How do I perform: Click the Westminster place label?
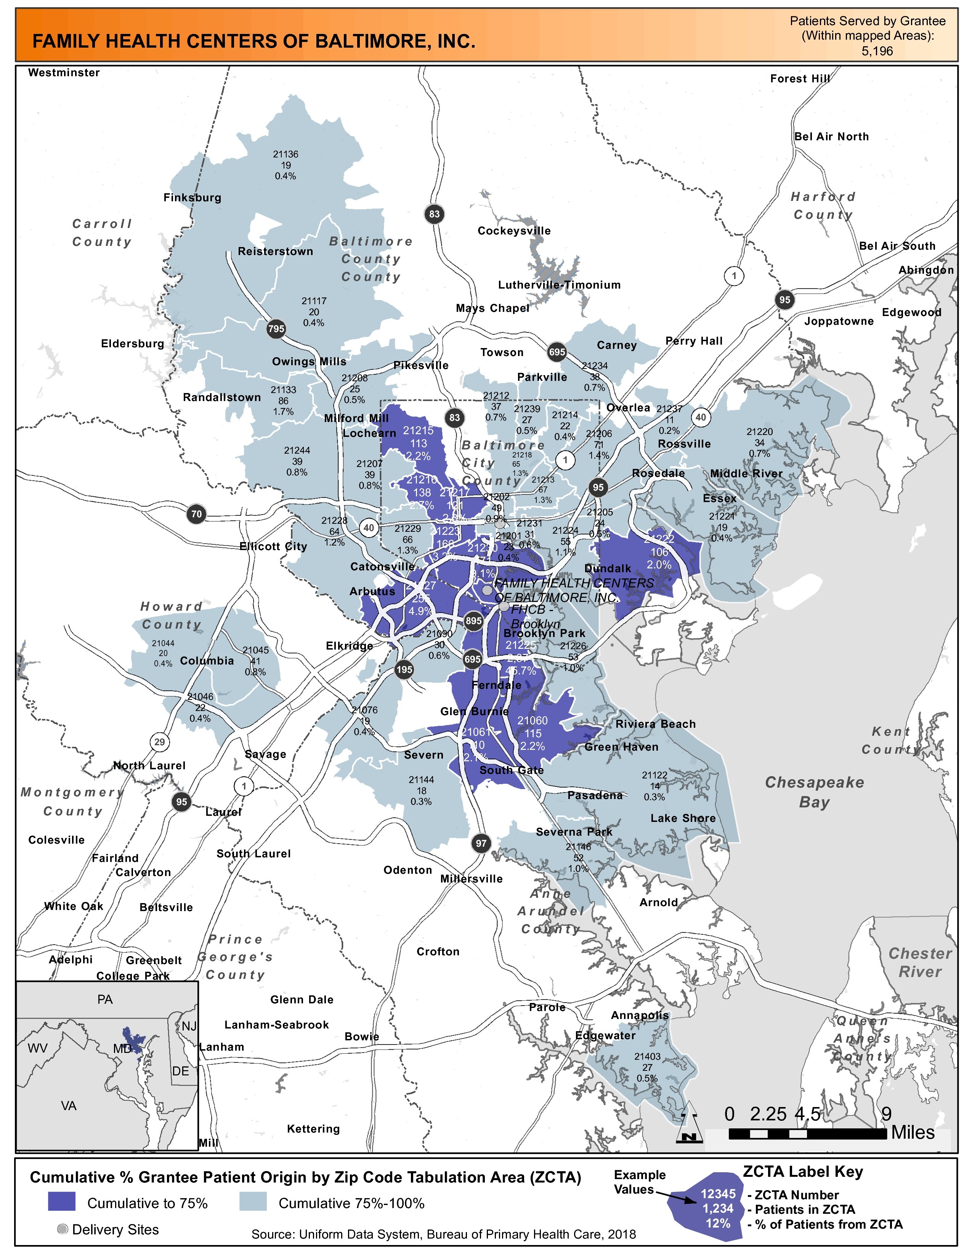64,72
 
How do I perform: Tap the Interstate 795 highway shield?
276,329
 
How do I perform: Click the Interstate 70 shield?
196,514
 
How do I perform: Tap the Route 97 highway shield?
481,843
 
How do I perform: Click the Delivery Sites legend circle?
63,1229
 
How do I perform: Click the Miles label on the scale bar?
913,1133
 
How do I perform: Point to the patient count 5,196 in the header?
876,51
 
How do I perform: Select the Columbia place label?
207,661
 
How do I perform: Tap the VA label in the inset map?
69,1106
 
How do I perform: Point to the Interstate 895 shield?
473,620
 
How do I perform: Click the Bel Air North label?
831,136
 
